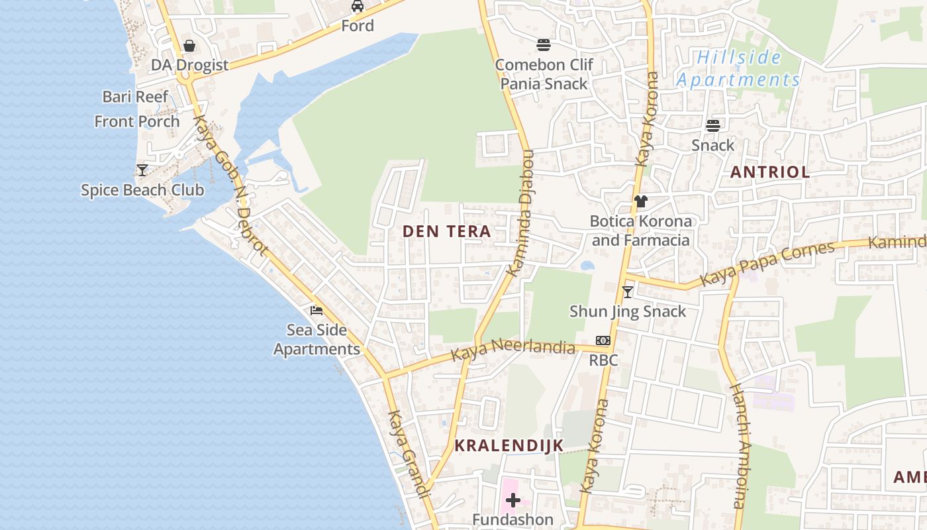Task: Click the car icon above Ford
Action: [358, 6]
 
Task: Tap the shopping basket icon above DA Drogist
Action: [189, 46]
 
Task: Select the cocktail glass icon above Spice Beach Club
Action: [142, 170]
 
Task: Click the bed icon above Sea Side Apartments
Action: [317, 310]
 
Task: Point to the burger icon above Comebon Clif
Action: [544, 45]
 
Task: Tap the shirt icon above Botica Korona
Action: [640, 201]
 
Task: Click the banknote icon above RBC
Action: [603, 341]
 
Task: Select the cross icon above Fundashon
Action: [512, 500]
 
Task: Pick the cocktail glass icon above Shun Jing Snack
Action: [628, 292]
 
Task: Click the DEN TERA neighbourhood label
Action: [447, 231]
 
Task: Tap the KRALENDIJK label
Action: [509, 445]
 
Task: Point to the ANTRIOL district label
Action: [769, 172]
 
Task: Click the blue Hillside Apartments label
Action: [738, 69]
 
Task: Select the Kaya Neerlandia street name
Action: [513, 350]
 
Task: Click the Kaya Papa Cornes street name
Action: [767, 264]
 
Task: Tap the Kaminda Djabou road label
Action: [520, 212]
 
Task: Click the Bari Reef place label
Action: [136, 97]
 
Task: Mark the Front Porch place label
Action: [137, 121]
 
